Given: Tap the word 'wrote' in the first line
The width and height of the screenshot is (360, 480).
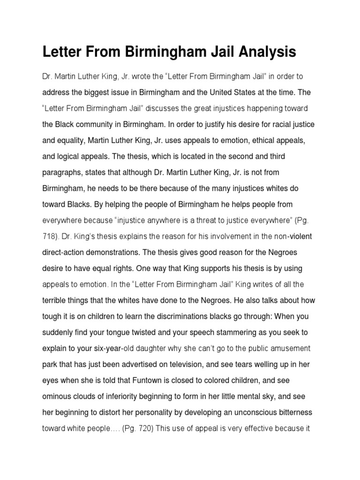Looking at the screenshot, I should click(x=130, y=76).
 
